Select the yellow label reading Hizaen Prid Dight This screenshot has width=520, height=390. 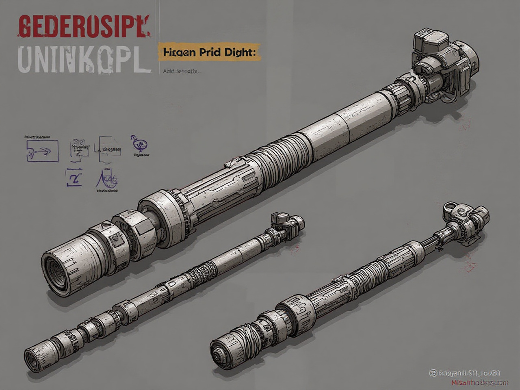point(208,52)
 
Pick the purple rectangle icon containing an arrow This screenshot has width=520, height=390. point(42,151)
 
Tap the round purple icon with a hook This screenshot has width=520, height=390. point(140,144)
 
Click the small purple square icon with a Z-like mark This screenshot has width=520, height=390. point(74,177)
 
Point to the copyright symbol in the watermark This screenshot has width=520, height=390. point(433,372)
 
